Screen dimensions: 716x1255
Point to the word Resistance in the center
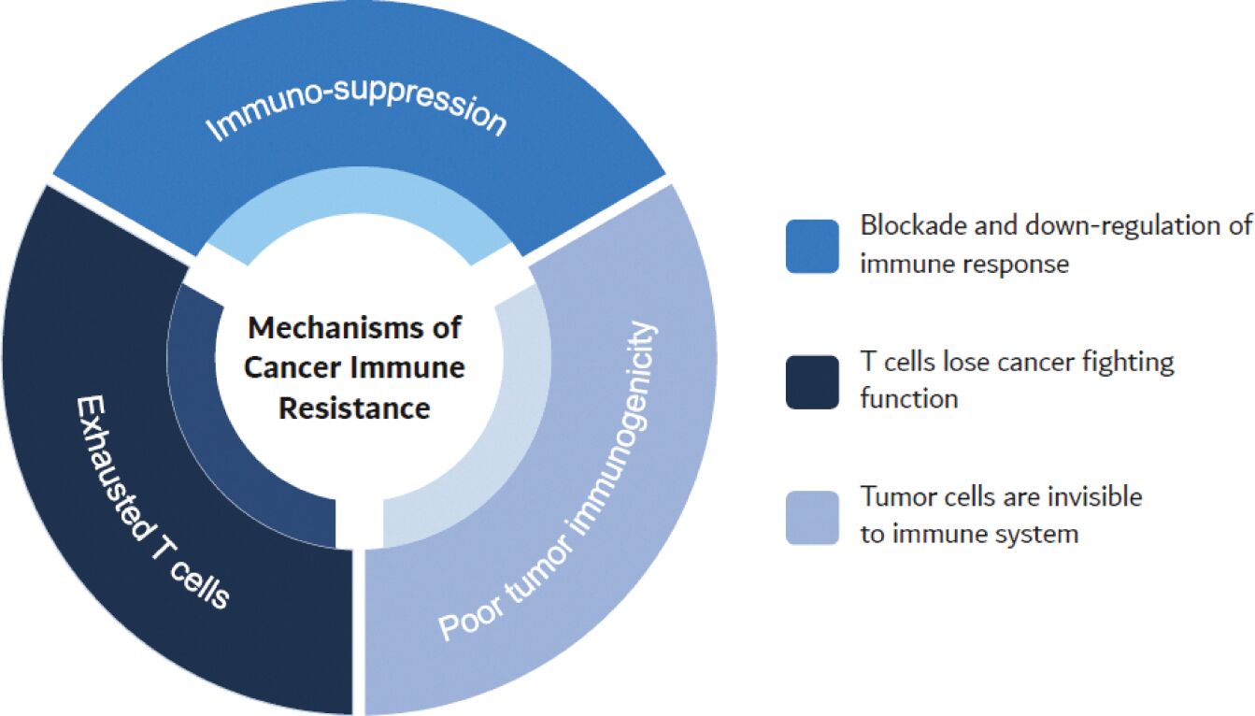pyautogui.click(x=354, y=408)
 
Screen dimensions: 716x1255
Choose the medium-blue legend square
pyautogui.click(x=812, y=247)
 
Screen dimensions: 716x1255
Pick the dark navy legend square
pyautogui.click(x=812, y=381)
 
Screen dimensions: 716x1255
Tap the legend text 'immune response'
pyautogui.click(x=963, y=265)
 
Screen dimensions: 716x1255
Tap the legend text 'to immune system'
pyautogui.click(x=969, y=534)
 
